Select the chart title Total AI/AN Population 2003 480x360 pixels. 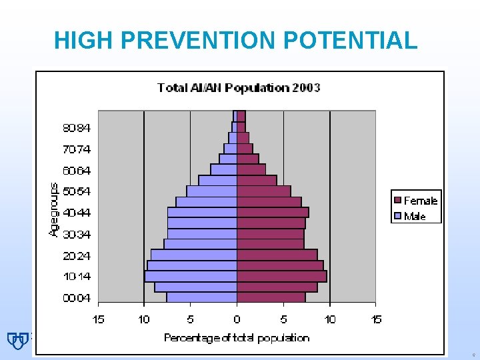pos(239,87)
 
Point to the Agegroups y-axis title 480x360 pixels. pos(54,209)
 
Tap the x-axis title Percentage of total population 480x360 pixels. pos(237,338)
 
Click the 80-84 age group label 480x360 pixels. pos(77,127)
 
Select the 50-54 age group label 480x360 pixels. pos(77,191)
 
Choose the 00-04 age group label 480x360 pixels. pos(77,298)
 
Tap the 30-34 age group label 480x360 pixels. pos(77,234)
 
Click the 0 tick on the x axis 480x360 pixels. pos(237,320)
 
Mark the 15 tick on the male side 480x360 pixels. pos(98,320)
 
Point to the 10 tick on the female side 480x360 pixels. pos(330,320)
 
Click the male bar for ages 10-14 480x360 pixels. pos(191,276)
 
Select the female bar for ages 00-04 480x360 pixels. pos(271,297)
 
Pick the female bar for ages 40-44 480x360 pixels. pos(272,212)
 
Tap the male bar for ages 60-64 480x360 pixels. pos(224,169)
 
